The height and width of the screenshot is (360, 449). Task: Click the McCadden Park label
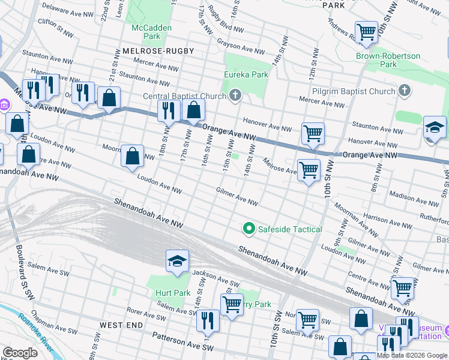151,32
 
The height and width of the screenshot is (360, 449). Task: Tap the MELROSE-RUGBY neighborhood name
158,52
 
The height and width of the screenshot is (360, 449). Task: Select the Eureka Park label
246,75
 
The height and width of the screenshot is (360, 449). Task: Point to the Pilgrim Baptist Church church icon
405,91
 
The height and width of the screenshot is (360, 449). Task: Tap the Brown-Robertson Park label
388,60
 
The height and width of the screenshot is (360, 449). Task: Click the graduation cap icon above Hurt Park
177,261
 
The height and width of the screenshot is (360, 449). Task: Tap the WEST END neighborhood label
121,325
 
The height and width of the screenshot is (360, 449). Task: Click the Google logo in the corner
20,352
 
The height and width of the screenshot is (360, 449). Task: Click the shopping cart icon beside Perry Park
231,303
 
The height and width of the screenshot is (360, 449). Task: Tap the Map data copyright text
412,355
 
